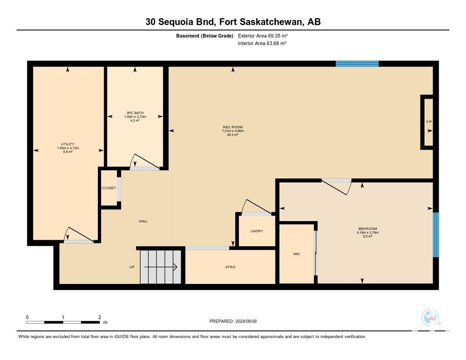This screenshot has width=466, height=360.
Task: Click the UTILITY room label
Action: pos(68,144)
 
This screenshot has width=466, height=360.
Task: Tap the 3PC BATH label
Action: pos(135,113)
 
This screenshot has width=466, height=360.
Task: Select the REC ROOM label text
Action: pos(233,127)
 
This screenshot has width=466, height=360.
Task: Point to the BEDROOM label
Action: pos(368,228)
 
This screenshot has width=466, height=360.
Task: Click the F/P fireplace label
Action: pos(429,122)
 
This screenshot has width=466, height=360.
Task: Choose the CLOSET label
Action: pos(109,188)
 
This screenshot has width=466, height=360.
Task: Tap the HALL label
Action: pos(143,221)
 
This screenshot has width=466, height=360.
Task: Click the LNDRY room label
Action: pos(257,231)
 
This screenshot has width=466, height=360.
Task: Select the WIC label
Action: pos(297,254)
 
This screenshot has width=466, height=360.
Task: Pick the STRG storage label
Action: pos(230,267)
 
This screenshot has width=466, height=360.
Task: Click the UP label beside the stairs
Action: pos(132,267)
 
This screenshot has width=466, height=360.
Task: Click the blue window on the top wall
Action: pos(357,64)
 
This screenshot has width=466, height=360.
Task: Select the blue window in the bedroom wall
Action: pos(436,234)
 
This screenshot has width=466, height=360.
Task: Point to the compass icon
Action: pos(431,318)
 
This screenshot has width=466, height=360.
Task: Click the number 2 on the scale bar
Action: pos(100,317)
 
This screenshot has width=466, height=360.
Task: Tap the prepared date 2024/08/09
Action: pos(246,321)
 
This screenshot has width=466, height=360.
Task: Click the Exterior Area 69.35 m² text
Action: pos(263,35)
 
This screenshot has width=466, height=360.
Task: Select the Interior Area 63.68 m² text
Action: pos(262,43)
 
